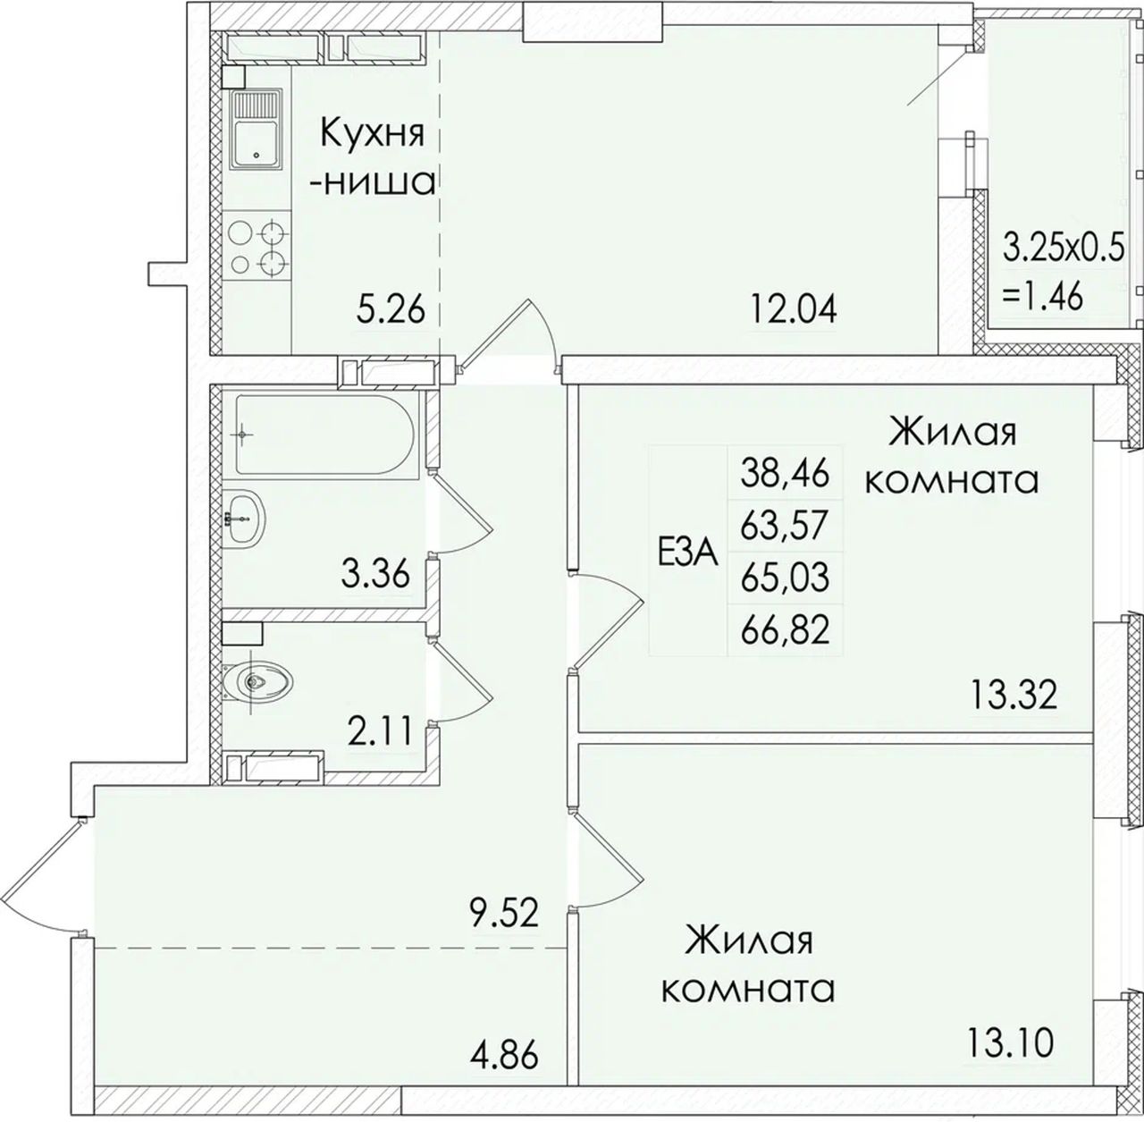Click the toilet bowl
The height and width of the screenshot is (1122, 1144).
click(257, 682)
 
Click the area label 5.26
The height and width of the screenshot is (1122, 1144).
click(391, 309)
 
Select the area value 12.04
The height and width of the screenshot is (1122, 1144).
click(794, 309)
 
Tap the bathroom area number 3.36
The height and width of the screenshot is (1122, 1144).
click(375, 575)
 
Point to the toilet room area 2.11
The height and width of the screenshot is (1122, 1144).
click(379, 731)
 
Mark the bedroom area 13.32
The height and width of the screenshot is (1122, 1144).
click(1014, 695)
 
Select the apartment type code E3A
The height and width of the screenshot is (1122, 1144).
click(688, 554)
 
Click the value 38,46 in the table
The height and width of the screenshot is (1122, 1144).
click(785, 474)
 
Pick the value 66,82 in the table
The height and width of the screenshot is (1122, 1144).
click(785, 630)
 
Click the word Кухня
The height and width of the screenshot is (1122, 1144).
click(373, 134)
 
